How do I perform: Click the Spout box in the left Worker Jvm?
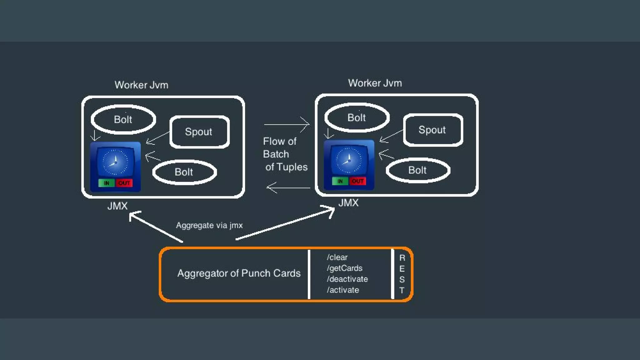tap(199, 132)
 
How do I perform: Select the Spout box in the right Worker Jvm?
tap(432, 130)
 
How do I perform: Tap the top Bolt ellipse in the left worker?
tap(123, 120)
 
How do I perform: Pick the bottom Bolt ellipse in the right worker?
tap(417, 170)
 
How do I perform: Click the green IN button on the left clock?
tap(106, 183)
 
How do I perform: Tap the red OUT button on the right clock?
tap(357, 181)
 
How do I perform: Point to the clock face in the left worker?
tap(115, 162)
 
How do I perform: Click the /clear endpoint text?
tap(337, 257)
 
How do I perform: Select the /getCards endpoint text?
tap(344, 268)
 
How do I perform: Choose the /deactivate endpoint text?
tap(347, 279)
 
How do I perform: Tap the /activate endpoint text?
tap(343, 290)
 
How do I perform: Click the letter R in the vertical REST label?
tap(402, 258)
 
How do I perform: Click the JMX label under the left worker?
tap(117, 206)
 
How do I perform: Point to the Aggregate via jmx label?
tap(209, 225)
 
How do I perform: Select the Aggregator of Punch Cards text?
tap(239, 273)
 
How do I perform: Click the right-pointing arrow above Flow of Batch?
tap(287, 124)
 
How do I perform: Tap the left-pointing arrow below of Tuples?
tap(288, 188)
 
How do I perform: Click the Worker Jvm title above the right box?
tap(375, 83)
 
